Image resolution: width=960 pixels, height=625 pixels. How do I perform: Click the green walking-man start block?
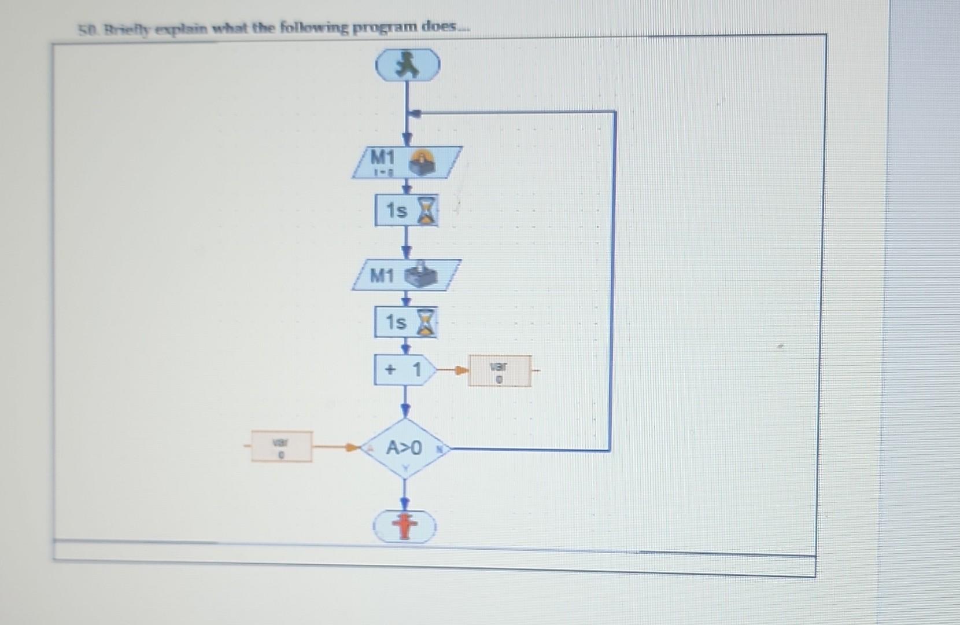tap(408, 65)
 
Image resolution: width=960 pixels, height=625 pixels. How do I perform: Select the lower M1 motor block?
tap(407, 275)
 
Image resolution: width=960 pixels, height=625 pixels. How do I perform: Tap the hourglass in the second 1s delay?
tap(426, 322)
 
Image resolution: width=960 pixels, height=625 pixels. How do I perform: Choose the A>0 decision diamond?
tap(405, 448)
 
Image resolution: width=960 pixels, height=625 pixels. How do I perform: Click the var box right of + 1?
tap(499, 371)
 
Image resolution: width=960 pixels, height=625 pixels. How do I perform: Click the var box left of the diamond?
tap(282, 447)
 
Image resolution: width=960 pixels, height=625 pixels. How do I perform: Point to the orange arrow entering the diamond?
tap(350, 447)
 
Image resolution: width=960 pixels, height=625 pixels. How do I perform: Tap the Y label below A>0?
tap(405, 466)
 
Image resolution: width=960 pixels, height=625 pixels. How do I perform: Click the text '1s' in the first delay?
tap(396, 211)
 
